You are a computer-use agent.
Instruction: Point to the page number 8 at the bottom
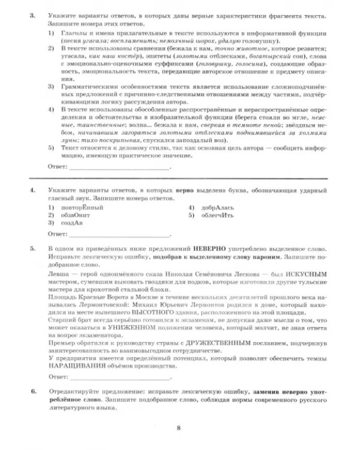pos(179,427)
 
